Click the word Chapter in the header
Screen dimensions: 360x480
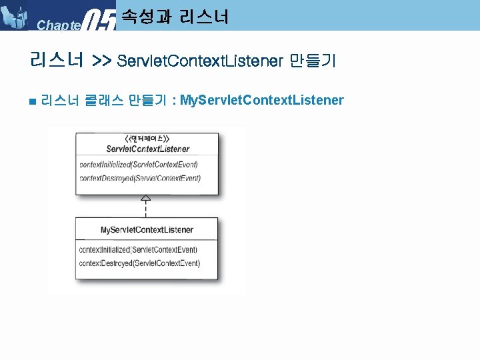[x=59, y=25]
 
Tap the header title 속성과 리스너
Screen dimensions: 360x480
[x=175, y=15]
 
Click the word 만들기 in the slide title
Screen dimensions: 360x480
[x=313, y=61]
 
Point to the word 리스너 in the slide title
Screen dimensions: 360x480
[x=56, y=61]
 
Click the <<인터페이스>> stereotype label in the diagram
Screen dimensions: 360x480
[x=147, y=139]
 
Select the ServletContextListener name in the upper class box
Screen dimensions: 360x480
[x=147, y=149]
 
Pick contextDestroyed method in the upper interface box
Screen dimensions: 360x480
[x=139, y=178]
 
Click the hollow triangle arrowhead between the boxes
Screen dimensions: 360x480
[x=146, y=199]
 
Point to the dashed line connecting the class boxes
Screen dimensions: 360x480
[x=146, y=209]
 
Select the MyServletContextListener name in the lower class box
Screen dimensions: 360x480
[x=147, y=230]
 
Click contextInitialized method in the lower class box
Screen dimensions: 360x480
[x=138, y=249]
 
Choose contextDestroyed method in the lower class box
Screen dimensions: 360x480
[x=139, y=263]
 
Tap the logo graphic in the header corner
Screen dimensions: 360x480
[x=15, y=15]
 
